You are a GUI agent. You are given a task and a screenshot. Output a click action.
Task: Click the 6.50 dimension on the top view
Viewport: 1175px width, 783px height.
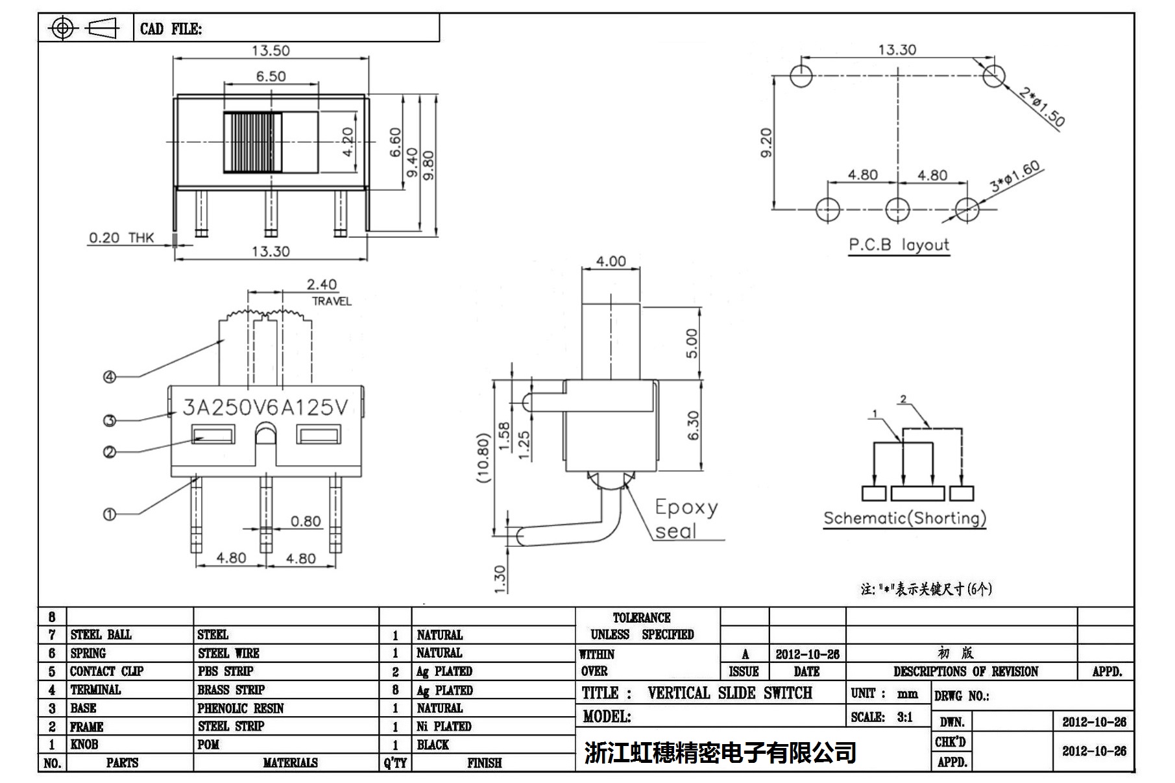tap(271, 77)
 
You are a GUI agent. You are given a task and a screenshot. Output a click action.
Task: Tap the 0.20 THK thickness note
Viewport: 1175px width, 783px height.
tap(121, 238)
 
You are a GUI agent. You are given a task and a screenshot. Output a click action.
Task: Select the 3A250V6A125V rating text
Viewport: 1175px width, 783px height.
tap(265, 407)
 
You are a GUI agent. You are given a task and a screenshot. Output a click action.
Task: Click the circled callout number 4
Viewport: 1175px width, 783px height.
tap(110, 377)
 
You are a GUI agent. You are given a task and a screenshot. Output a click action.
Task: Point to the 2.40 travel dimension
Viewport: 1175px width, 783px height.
tap(322, 285)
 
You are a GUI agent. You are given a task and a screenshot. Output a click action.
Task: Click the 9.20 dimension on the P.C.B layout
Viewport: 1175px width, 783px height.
tap(766, 142)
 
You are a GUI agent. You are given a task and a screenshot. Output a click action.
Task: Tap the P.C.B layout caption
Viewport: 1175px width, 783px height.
tap(899, 245)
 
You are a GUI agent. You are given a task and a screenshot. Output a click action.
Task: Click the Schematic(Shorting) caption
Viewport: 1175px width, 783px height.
tap(904, 518)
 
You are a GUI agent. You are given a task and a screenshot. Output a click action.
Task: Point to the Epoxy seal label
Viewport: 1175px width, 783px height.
tap(685, 519)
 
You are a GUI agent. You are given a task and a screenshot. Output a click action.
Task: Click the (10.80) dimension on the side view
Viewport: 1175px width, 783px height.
tap(482, 457)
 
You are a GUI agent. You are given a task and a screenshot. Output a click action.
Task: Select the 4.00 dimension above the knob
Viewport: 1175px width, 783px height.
tap(611, 261)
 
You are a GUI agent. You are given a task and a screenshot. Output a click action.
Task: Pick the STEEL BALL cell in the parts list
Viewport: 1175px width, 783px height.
tap(101, 634)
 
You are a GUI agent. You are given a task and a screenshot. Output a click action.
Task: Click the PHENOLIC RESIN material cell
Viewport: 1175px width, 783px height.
tap(241, 708)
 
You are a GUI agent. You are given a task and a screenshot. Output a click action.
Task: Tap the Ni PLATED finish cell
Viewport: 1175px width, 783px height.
tap(444, 727)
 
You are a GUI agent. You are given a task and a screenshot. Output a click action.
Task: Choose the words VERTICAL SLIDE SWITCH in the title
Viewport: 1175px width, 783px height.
tap(729, 693)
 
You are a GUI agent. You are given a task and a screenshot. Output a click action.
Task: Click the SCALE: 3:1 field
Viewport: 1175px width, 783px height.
tap(882, 717)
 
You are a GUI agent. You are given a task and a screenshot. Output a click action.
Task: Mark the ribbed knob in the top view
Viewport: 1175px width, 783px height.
tap(253, 142)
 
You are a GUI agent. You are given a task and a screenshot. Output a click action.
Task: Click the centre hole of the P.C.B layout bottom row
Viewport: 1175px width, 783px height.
tap(898, 209)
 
